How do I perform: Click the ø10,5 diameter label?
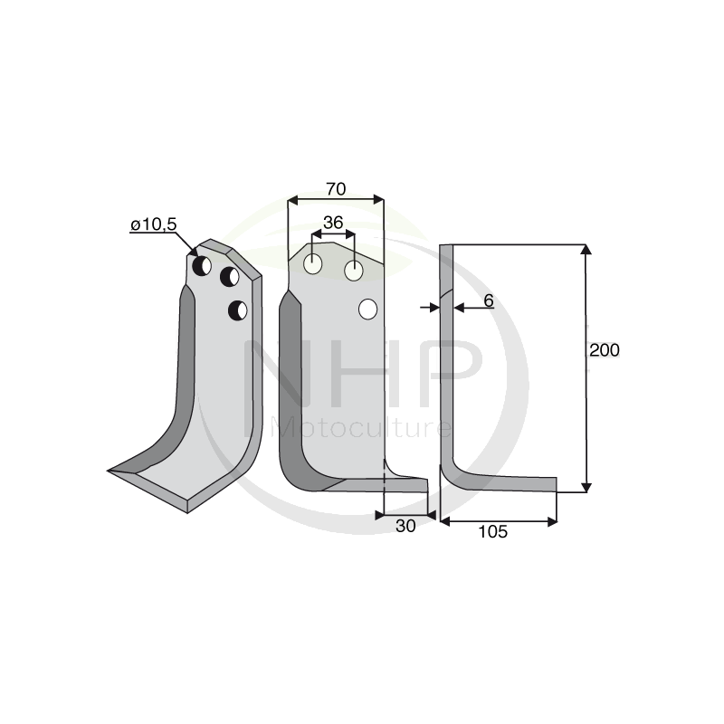point(154,224)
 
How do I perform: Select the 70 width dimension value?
point(336,189)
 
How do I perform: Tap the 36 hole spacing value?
point(333,223)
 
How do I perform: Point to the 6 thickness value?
point(489,300)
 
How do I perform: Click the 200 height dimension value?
point(605,350)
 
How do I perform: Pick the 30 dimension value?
point(405,526)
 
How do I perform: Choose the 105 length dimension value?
point(492,532)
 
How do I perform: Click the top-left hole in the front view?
point(312,264)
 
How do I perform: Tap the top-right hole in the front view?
point(354,271)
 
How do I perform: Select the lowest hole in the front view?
point(368,309)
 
